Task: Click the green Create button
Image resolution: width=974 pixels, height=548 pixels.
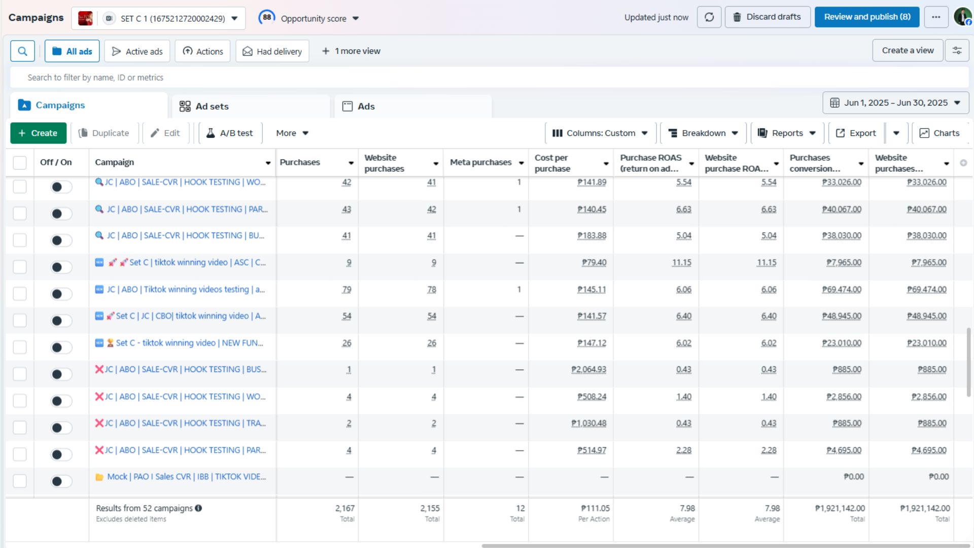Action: tap(38, 133)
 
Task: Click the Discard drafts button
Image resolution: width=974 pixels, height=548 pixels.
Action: tap(767, 17)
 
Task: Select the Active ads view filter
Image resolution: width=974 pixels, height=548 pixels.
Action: tap(137, 51)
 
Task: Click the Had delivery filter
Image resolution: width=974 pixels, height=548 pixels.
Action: tap(272, 51)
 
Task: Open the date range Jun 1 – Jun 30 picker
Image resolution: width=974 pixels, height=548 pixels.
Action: tap(895, 102)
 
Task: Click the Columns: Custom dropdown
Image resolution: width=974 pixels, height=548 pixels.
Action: tap(601, 133)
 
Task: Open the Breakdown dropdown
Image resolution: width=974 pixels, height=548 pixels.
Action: tap(703, 133)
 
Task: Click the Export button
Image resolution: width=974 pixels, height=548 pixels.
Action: tap(856, 133)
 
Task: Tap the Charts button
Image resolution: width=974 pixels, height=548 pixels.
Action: tap(940, 133)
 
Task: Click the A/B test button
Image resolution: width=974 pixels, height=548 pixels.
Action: tap(230, 133)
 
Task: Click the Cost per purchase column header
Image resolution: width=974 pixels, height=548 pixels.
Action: tap(552, 163)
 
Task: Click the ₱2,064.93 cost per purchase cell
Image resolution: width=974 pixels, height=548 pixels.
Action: tap(588, 370)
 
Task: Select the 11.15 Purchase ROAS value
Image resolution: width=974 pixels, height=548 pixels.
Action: tap(681, 263)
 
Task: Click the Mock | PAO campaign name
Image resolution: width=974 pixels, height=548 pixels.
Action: tap(186, 477)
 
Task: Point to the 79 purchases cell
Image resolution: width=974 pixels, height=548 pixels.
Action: tap(346, 290)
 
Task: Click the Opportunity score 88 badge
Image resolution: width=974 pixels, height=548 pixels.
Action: tap(267, 17)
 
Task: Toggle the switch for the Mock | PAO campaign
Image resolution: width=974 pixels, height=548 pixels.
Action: tap(61, 481)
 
